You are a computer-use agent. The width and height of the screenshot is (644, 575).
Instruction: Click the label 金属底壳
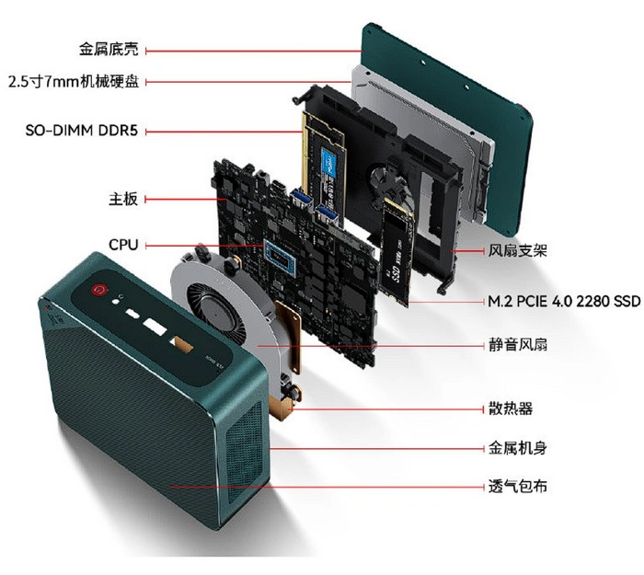click(x=109, y=49)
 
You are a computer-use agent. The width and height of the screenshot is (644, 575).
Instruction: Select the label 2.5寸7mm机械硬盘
click(x=74, y=81)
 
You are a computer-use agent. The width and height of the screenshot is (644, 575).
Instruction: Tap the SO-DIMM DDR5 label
click(x=81, y=131)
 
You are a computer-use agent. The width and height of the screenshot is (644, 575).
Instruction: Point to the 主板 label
click(x=123, y=199)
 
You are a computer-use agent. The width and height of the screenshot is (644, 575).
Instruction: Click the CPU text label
click(x=123, y=245)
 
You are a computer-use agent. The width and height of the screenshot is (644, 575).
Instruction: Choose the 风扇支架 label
click(x=517, y=250)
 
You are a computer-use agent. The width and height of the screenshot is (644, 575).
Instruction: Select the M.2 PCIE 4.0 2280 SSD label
click(x=564, y=302)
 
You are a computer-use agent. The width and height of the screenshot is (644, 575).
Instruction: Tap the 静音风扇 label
click(x=517, y=344)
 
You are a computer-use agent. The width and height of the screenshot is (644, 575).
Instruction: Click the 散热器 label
click(x=510, y=408)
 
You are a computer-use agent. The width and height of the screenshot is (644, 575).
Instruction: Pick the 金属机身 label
click(x=517, y=448)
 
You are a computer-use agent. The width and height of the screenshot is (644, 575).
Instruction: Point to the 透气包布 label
click(x=517, y=487)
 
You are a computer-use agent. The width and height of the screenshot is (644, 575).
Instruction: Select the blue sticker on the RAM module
click(x=329, y=163)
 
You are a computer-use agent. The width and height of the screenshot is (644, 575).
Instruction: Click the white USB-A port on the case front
click(x=155, y=327)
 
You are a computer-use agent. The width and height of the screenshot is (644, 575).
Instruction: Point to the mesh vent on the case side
click(x=244, y=453)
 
